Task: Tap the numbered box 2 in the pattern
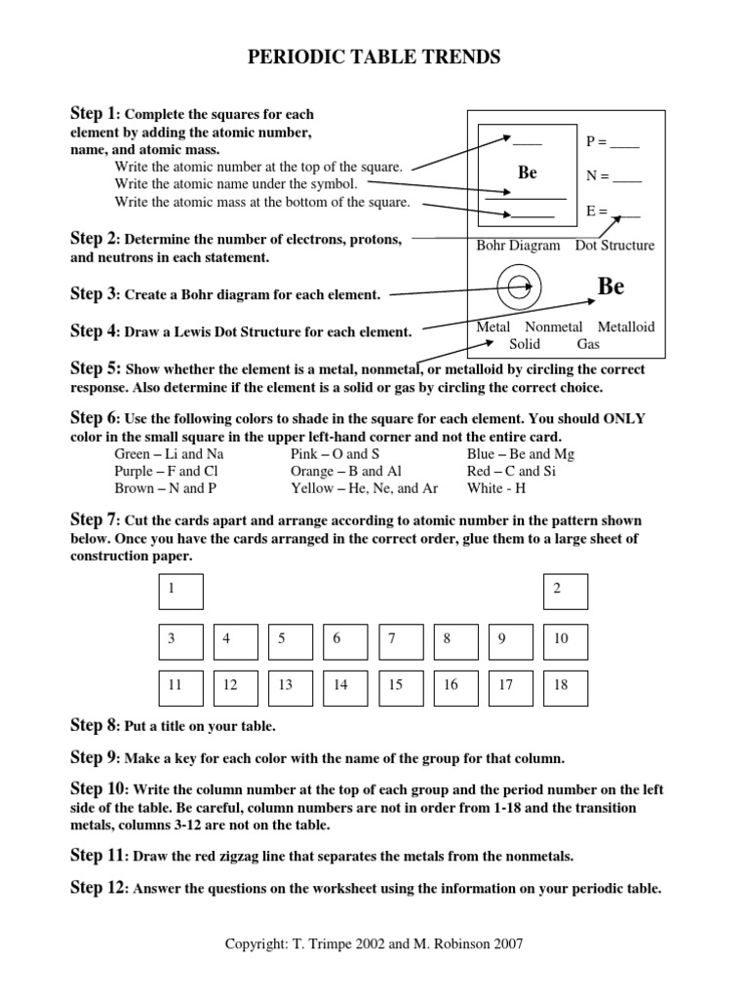[x=565, y=592]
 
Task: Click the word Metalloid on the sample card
[x=626, y=327]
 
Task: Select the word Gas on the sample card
[x=588, y=344]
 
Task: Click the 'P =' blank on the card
[x=612, y=142]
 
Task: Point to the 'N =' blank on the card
[x=613, y=176]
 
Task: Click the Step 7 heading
[x=93, y=519]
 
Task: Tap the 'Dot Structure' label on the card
[x=614, y=246]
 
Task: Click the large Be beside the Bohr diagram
[x=611, y=287]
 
